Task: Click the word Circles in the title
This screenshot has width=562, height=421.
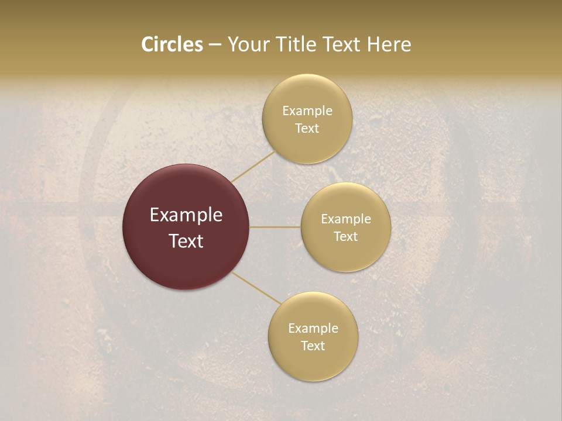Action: coord(172,44)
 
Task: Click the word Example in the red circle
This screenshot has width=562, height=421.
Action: coord(186,215)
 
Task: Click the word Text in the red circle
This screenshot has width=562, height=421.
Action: coord(186,241)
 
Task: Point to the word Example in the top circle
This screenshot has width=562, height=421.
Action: coord(307,111)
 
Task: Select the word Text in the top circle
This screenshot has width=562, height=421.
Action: coord(307,129)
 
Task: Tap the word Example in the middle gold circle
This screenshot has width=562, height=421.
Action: coord(346,219)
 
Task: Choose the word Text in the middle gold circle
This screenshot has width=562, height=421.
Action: coord(346,237)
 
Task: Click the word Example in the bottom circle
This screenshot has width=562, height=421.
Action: coord(313,329)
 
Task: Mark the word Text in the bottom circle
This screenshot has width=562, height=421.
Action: coord(313,346)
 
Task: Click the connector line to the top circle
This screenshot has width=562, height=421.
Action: coord(253,167)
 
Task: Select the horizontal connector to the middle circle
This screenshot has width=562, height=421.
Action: coord(275,227)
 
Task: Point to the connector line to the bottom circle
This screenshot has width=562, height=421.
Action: coord(256,288)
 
